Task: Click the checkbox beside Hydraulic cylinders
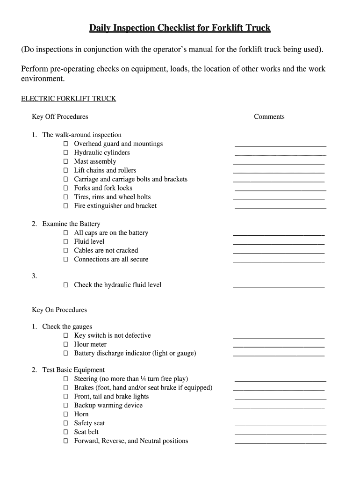(65, 153)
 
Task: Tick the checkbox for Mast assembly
(65, 162)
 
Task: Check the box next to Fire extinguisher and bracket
(65, 206)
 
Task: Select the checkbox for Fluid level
(65, 242)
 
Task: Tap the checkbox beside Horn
(65, 414)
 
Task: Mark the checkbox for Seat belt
(65, 432)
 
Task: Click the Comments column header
(269, 117)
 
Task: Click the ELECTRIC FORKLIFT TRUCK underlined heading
(68, 99)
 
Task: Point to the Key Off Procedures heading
(60, 117)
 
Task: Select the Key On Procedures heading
(59, 310)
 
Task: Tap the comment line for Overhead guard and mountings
(280, 146)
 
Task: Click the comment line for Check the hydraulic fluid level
(278, 287)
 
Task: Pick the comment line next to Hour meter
(278, 346)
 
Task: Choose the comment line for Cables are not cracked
(278, 252)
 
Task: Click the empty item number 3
(34, 276)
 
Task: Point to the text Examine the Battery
(71, 224)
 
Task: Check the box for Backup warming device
(65, 406)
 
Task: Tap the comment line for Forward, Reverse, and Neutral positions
(280, 443)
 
